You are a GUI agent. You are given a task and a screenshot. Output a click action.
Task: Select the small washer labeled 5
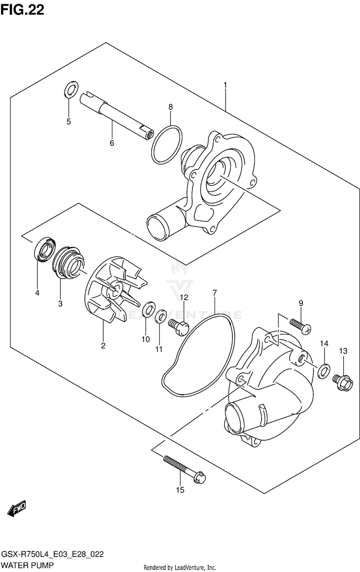tap(70, 89)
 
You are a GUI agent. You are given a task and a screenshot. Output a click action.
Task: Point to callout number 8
tap(170, 107)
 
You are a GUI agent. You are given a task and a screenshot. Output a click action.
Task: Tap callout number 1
tap(225, 85)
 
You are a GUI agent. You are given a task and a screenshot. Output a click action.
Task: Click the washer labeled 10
tap(149, 308)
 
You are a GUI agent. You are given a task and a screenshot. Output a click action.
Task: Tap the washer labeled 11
tap(161, 316)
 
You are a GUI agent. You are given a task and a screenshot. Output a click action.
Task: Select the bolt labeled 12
tap(179, 328)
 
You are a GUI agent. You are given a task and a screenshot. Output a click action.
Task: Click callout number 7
tap(215, 292)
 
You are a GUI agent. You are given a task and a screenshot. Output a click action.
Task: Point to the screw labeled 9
tap(301, 325)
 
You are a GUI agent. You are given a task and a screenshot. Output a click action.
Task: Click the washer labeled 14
tap(324, 369)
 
